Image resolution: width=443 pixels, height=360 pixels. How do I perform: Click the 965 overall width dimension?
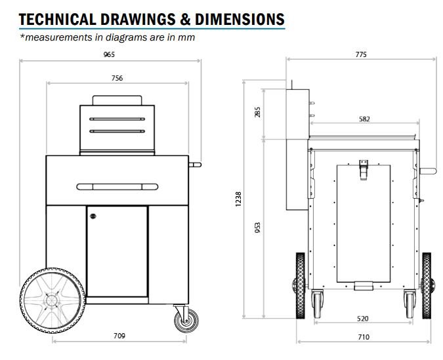(x=109, y=54)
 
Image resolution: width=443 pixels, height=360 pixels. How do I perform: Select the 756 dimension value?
(x=117, y=78)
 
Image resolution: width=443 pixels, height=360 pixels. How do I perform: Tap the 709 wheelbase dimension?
(x=119, y=336)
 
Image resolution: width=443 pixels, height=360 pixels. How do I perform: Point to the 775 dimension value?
(x=361, y=54)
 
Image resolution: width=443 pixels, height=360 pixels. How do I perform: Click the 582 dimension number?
(x=364, y=119)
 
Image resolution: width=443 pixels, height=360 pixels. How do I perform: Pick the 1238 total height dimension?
(x=238, y=199)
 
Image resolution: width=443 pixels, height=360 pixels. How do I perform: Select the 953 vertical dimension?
(x=257, y=228)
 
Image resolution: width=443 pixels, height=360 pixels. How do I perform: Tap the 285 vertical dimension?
(x=257, y=112)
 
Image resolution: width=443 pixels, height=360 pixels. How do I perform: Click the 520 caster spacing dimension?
(x=363, y=319)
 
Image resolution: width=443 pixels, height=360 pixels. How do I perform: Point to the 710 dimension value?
(x=364, y=337)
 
